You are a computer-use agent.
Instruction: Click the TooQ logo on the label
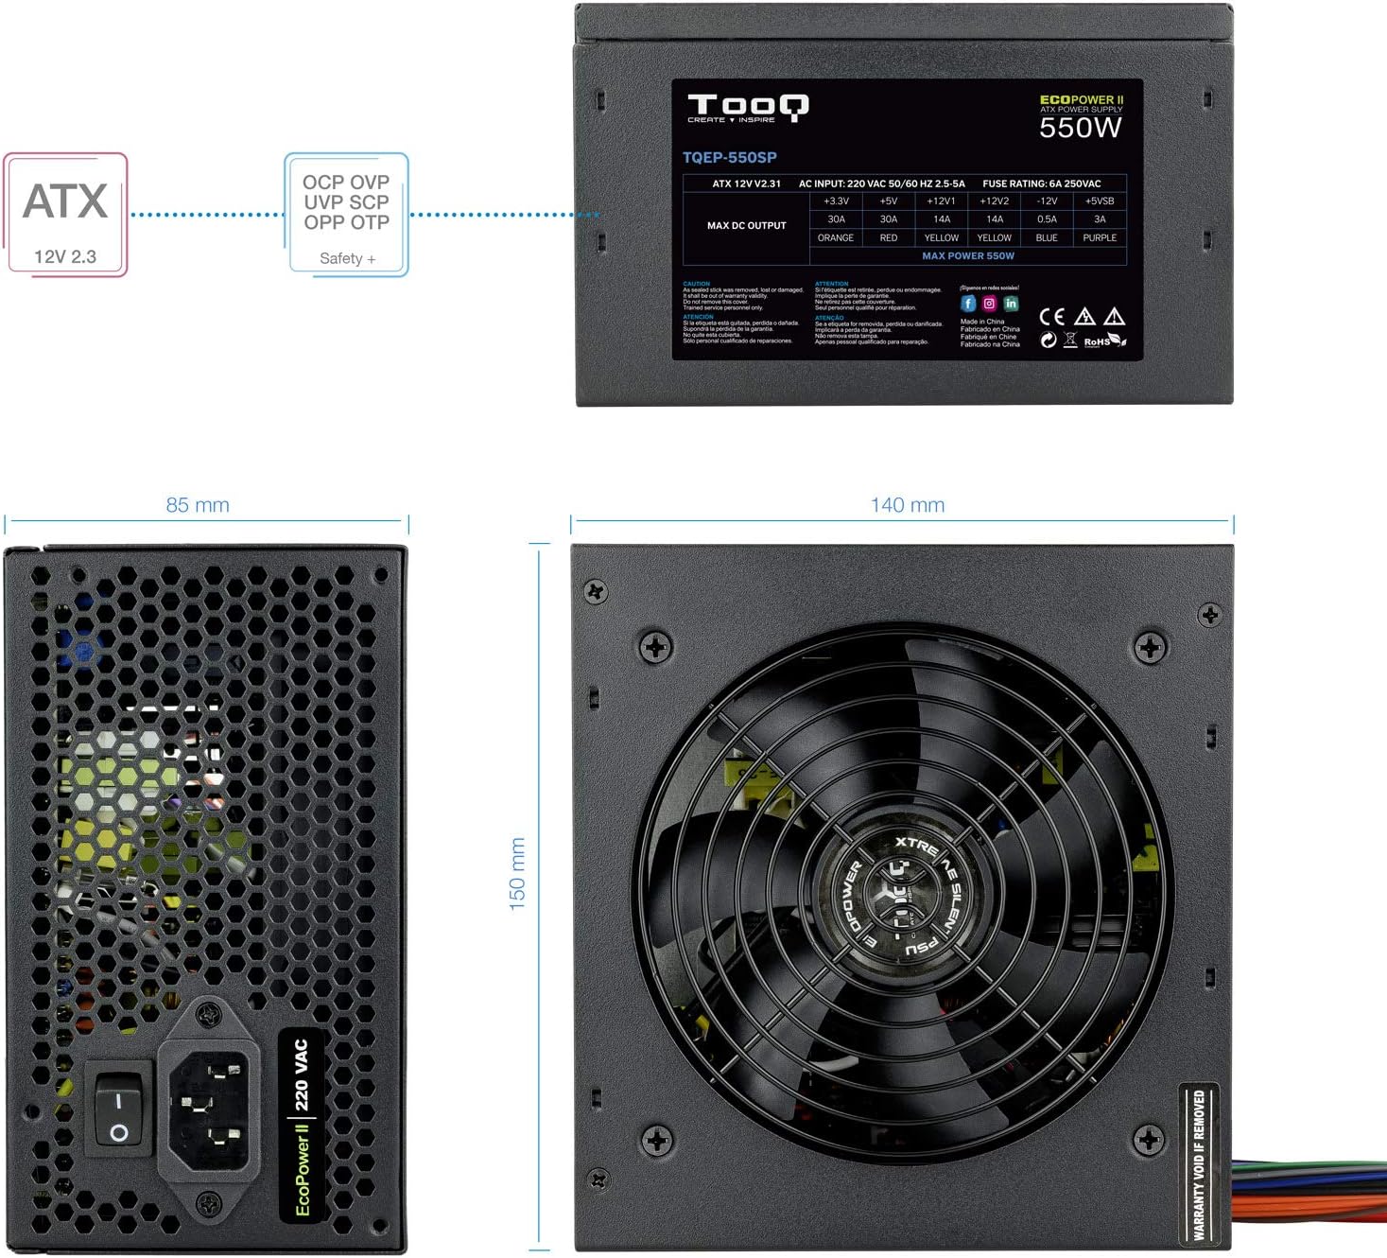pyautogui.click(x=747, y=107)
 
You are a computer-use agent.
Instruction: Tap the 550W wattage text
pyautogui.click(x=1080, y=128)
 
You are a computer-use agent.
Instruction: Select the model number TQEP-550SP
pyautogui.click(x=729, y=158)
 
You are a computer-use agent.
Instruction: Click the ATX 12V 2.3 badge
pyautogui.click(x=65, y=215)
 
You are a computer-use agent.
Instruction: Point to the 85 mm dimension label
pyautogui.click(x=198, y=505)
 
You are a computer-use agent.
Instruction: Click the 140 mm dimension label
pyautogui.click(x=907, y=505)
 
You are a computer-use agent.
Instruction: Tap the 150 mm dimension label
pyautogui.click(x=517, y=873)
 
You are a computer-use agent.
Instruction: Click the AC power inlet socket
pyautogui.click(x=209, y=1103)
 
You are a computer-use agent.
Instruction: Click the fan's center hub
pyautogui.click(x=893, y=895)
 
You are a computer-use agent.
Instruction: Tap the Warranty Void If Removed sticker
pyautogui.click(x=1199, y=1164)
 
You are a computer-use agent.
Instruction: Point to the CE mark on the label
pyautogui.click(x=1051, y=317)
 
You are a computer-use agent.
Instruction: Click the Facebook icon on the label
pyautogui.click(x=968, y=304)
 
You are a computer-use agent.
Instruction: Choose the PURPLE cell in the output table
pyautogui.click(x=1100, y=238)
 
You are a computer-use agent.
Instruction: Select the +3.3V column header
pyautogui.click(x=836, y=201)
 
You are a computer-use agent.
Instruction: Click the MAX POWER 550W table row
pyautogui.click(x=967, y=255)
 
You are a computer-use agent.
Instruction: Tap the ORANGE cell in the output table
pyautogui.click(x=836, y=238)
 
